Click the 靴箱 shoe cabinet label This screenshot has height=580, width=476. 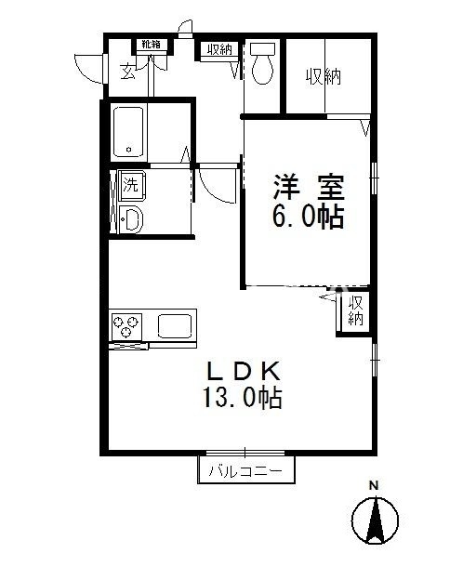(x=151, y=44)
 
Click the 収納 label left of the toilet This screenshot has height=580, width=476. (x=220, y=50)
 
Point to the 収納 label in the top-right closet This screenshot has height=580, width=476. (x=324, y=76)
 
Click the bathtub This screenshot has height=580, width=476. (x=128, y=132)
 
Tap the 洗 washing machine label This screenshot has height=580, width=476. (x=130, y=184)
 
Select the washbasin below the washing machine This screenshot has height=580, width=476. (x=130, y=220)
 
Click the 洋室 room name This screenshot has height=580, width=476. (x=309, y=188)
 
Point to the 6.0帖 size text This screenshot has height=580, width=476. (x=309, y=217)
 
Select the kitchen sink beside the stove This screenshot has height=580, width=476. (x=175, y=326)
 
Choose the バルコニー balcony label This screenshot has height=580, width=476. (x=245, y=471)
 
